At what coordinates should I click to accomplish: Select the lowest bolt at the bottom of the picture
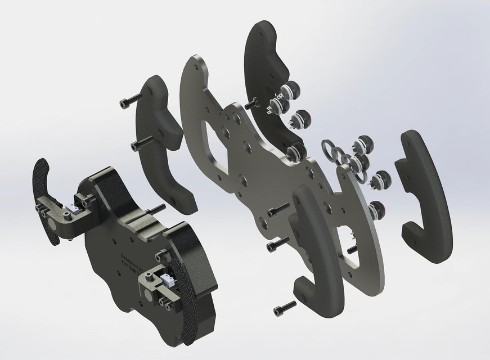pyautogui.click(x=285, y=309)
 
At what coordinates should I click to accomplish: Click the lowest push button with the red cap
pyautogui.click(x=376, y=209)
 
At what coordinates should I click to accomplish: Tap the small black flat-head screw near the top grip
pyautogui.click(x=251, y=103)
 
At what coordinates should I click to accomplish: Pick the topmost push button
pyautogui.click(x=291, y=89)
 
